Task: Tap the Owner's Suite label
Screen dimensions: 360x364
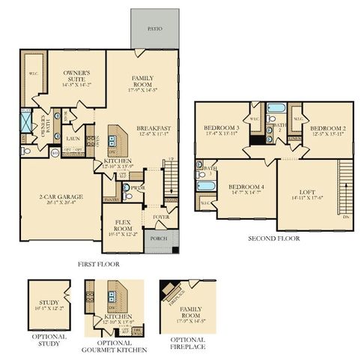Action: click(74, 78)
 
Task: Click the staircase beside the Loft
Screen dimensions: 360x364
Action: click(345, 184)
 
